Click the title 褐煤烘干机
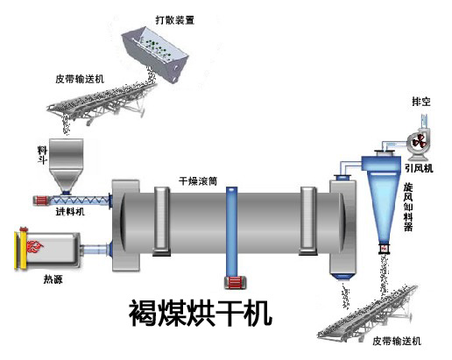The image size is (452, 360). (195, 313)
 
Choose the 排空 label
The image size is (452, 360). (420, 101)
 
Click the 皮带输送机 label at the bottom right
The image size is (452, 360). (395, 341)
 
